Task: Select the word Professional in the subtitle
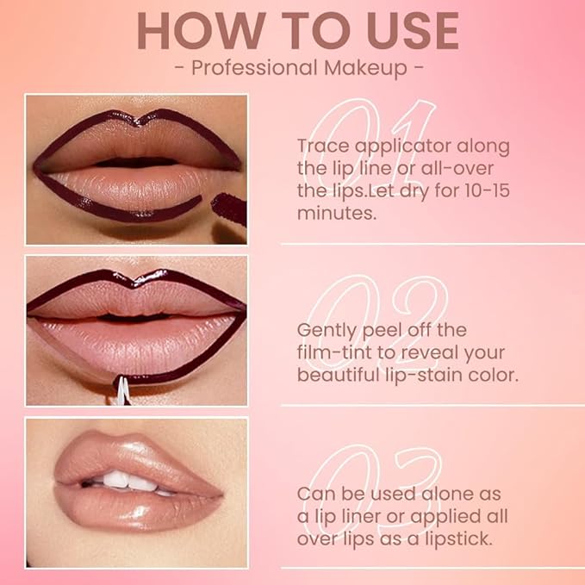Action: coord(252,68)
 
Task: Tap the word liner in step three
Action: coord(359,517)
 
